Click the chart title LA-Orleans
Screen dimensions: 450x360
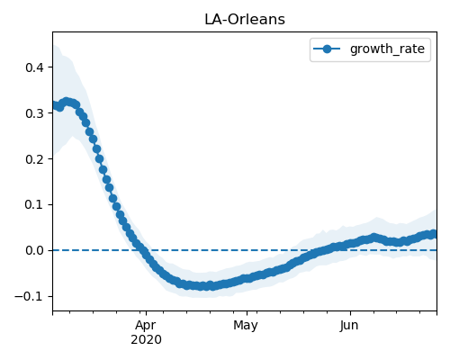(x=245, y=20)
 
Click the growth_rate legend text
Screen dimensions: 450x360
(x=387, y=49)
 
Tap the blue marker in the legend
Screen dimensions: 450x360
(x=327, y=49)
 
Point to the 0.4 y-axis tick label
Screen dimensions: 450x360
(x=34, y=67)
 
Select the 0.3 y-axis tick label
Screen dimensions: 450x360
(x=34, y=113)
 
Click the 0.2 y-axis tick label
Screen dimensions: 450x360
(x=34, y=159)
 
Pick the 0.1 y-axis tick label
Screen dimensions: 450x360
(x=34, y=205)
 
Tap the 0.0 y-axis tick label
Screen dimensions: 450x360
(x=34, y=250)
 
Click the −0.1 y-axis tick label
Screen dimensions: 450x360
(x=30, y=296)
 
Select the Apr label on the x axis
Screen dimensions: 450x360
(x=146, y=326)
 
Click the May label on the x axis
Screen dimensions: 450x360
(x=246, y=326)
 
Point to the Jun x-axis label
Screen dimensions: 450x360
(x=349, y=326)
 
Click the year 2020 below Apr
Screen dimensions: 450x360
(x=146, y=339)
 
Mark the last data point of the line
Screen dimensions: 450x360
(x=433, y=234)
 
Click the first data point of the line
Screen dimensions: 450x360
(x=56, y=105)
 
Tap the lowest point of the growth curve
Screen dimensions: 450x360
(x=212, y=286)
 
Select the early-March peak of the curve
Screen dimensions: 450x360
(x=67, y=102)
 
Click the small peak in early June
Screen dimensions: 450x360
(x=373, y=238)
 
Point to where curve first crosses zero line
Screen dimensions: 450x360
(x=142, y=250)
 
